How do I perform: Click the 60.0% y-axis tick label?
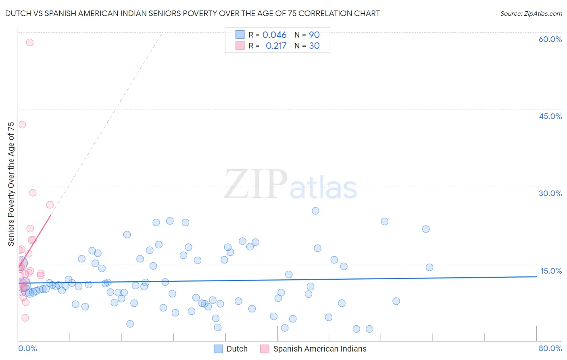[x=550, y=39]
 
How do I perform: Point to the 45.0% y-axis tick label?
[x=550, y=116]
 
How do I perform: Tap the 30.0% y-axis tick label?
[x=550, y=193]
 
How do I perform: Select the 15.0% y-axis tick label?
[x=551, y=271]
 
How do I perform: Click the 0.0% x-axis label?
[x=27, y=348]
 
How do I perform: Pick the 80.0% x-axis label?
[x=550, y=348]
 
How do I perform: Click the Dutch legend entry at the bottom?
[x=237, y=349]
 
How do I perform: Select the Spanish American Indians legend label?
[x=319, y=349]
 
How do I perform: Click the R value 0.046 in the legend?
[x=274, y=35]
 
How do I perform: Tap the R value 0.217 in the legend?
[x=276, y=46]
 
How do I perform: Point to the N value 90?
[x=314, y=35]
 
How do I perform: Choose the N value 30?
[x=314, y=46]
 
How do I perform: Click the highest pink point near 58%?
[x=29, y=42]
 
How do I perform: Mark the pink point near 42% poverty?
[x=22, y=125]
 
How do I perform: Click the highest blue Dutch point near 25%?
[x=315, y=211]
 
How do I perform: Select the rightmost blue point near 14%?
[x=429, y=267]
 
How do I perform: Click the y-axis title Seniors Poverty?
[x=11, y=184]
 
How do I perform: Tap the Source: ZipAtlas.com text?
[x=531, y=14]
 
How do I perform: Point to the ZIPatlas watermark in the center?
[x=290, y=185]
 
